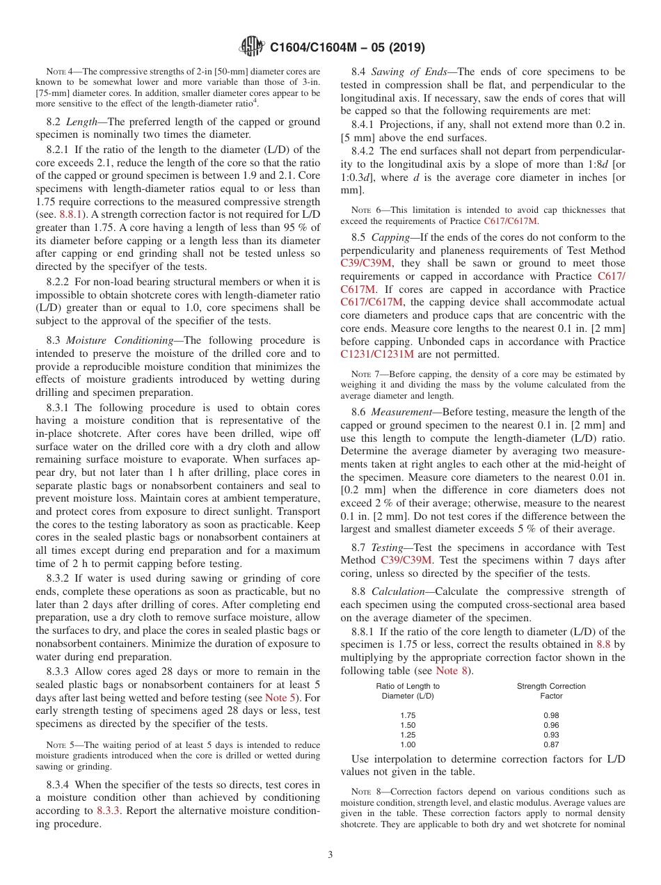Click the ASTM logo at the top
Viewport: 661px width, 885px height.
click(251, 47)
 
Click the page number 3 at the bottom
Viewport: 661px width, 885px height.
click(330, 854)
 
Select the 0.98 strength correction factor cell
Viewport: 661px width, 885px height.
click(551, 715)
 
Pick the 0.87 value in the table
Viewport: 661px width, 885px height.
click(551, 744)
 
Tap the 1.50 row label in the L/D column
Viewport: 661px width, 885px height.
click(408, 725)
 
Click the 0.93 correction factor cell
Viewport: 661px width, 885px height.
click(551, 735)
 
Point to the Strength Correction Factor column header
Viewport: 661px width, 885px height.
click(551, 691)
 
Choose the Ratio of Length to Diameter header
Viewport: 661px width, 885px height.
click(408, 691)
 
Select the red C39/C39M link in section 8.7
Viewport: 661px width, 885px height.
click(406, 560)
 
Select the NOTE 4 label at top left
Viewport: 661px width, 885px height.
click(62, 72)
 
